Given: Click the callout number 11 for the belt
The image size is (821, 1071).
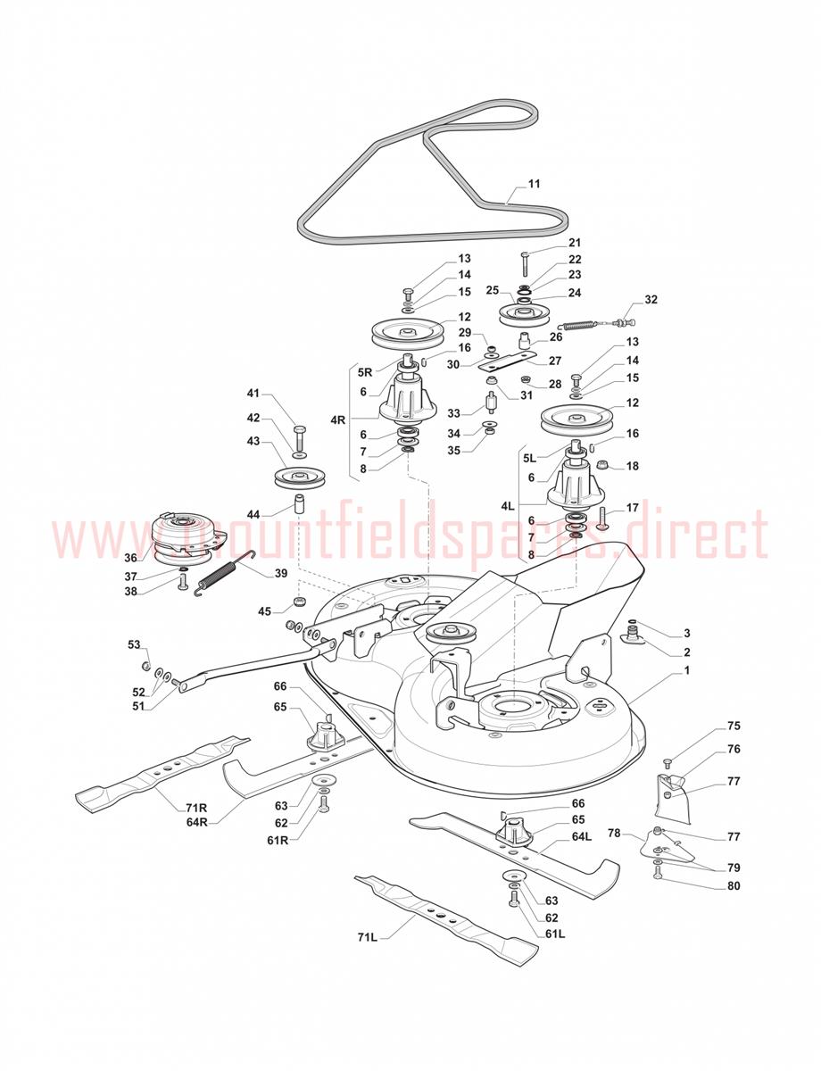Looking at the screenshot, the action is [x=535, y=183].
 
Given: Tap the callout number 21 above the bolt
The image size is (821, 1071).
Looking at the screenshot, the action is [x=575, y=243].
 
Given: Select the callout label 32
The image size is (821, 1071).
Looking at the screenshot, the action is [x=651, y=300].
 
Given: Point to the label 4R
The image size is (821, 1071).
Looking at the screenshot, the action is [x=338, y=420].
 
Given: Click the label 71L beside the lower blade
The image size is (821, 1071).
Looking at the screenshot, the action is [x=367, y=937].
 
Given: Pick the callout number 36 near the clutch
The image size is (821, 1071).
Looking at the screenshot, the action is [x=130, y=558].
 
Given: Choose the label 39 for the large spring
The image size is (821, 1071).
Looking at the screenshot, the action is [x=281, y=573].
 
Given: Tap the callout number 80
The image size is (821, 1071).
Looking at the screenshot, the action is [x=734, y=885].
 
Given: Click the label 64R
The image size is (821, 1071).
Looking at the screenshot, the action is [x=196, y=823].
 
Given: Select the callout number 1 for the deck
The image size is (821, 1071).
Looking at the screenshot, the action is [x=687, y=670].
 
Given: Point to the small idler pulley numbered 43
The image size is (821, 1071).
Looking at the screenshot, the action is [x=300, y=478].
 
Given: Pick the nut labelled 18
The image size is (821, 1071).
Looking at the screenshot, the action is [x=601, y=465].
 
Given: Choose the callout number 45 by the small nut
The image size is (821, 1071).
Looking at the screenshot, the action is [x=265, y=611].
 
